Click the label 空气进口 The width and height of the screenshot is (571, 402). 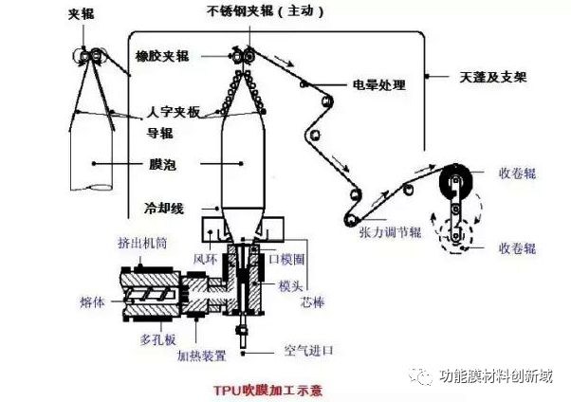310,350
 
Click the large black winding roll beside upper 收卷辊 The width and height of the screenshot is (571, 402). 457,184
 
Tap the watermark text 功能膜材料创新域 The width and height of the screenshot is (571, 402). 496,376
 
